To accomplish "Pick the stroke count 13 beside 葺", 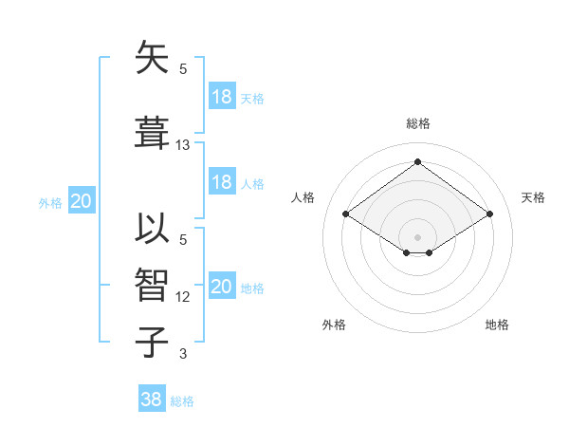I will pos(183,145).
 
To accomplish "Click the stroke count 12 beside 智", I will pos(183,297).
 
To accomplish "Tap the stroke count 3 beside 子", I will pos(183,354).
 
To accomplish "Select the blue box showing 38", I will pos(152,400).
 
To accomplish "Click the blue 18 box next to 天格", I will pos(221,97).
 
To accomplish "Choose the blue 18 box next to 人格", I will pos(221,182).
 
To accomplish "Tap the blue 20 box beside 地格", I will pos(221,287).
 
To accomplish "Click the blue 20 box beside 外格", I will pos(82,201).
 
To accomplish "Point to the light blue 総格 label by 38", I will pos(183,401).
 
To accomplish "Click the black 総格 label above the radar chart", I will pos(417,123).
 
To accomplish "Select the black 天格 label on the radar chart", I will pos(533,197).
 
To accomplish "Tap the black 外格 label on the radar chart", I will pos(334,325).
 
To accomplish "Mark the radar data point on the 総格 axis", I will pos(417,162).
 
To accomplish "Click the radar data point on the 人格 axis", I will pos(346,214).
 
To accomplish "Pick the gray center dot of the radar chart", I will pos(417,236).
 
